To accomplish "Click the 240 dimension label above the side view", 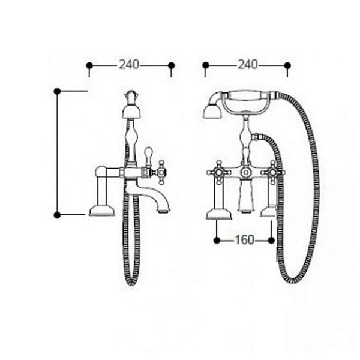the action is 129,65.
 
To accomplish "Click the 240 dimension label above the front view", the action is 247,65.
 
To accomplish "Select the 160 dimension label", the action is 244,240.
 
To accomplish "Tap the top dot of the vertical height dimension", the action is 57,91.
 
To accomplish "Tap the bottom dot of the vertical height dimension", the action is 57,215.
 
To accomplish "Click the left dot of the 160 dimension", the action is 217,241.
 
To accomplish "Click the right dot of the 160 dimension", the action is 271,241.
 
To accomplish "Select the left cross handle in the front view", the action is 218,172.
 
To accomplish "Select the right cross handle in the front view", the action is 273,172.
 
